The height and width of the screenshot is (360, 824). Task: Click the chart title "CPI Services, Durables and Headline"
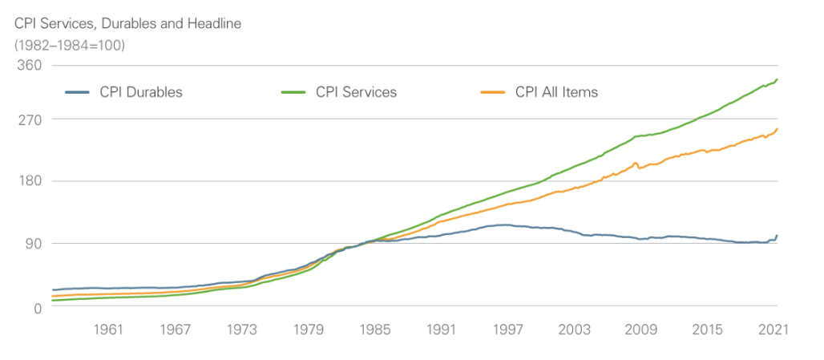point(128,24)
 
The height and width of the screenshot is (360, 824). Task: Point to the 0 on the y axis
point(36,306)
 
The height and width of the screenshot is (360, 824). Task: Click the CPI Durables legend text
point(141,92)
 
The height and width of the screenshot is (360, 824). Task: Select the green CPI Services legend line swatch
point(294,92)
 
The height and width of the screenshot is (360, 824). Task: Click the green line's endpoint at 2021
point(777,79)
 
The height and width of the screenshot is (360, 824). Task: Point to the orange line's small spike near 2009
point(636,164)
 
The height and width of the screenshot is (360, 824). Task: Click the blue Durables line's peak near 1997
point(503,225)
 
